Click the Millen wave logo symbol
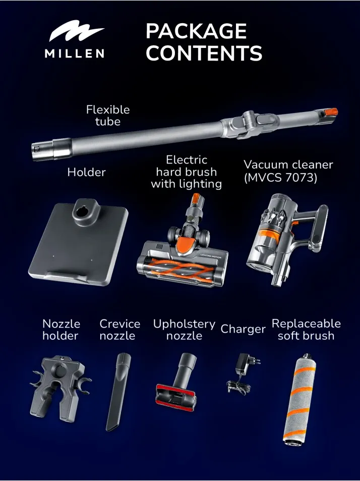[x=76, y=31]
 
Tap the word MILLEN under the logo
[x=75, y=54]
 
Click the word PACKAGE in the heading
[x=196, y=31]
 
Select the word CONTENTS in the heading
[x=204, y=53]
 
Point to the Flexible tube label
[x=108, y=116]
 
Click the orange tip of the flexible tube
[x=331, y=112]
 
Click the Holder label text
[x=86, y=172]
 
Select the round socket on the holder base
[x=81, y=212]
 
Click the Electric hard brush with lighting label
[x=186, y=172]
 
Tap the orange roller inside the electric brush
[x=183, y=270]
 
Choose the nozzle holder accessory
[x=60, y=388]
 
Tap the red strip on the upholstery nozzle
[x=175, y=395]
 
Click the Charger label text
[x=243, y=329]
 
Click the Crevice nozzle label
[x=120, y=330]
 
